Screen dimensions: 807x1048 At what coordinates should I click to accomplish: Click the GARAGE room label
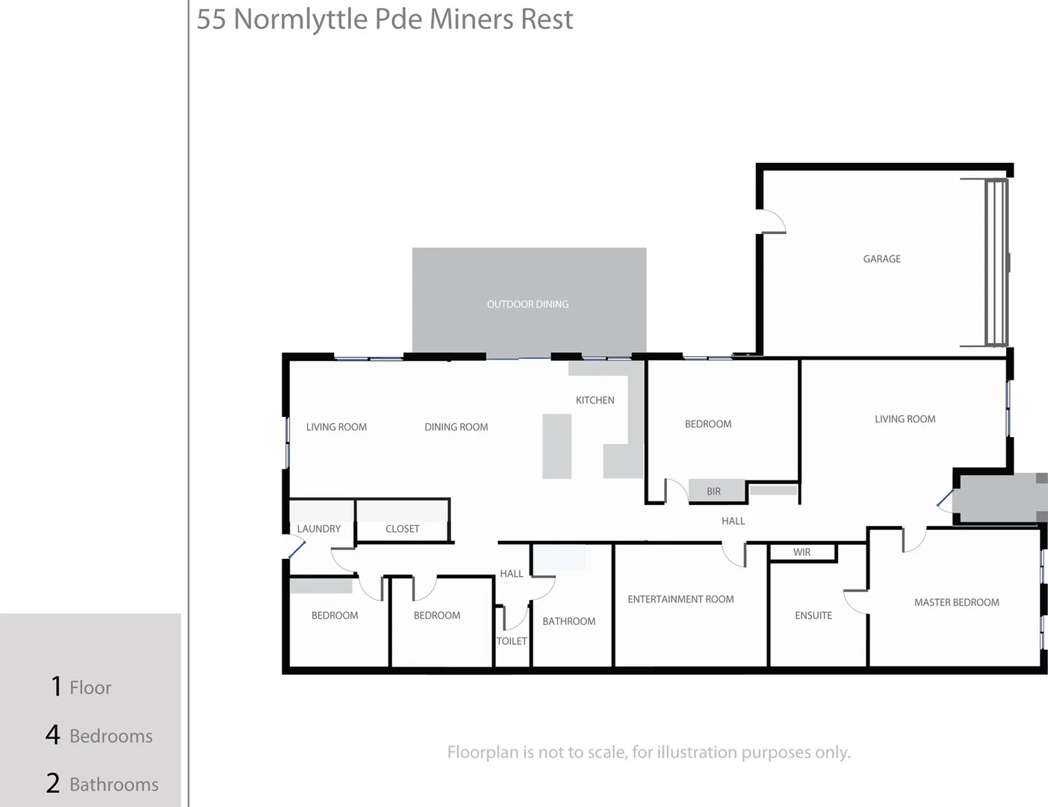click(x=881, y=259)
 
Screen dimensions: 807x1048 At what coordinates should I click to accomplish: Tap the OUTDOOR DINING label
click(x=527, y=304)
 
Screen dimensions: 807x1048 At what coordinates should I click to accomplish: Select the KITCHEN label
click(x=595, y=401)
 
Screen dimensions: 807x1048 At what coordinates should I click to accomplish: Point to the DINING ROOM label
click(x=456, y=427)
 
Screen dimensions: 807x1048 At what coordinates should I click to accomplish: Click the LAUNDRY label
click(x=318, y=529)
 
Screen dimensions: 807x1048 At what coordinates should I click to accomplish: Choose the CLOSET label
click(x=402, y=529)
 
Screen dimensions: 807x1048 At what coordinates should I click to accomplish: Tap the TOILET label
click(x=512, y=641)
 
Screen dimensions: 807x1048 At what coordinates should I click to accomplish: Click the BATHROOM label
click(x=568, y=622)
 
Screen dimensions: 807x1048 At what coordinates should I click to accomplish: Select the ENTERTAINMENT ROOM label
click(x=680, y=599)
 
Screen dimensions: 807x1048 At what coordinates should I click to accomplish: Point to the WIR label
click(x=801, y=553)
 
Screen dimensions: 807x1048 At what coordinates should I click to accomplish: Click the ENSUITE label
click(x=813, y=616)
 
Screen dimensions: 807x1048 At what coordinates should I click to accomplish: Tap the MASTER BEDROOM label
click(x=956, y=602)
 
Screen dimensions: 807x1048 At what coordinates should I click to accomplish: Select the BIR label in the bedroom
click(x=713, y=492)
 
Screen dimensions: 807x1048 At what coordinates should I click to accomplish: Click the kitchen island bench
click(x=556, y=446)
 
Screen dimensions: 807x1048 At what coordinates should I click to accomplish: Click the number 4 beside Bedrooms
click(x=52, y=735)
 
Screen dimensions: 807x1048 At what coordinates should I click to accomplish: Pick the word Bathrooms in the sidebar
click(x=114, y=785)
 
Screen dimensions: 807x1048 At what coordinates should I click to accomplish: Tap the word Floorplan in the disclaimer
click(x=482, y=752)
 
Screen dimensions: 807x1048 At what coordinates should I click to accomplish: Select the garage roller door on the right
click(x=996, y=262)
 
